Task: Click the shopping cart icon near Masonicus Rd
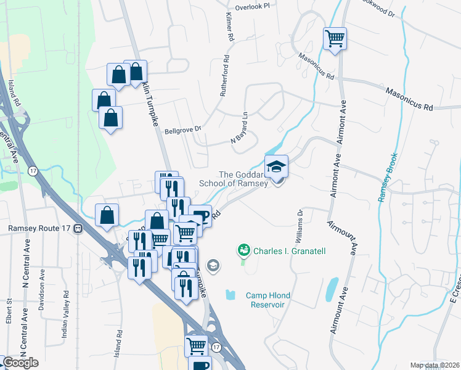tap(335, 39)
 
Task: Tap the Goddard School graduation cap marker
tap(276, 166)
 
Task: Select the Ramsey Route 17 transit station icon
tap(78, 228)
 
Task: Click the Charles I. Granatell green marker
tap(244, 250)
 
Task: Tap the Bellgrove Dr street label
tap(183, 131)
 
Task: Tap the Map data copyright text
tap(434, 365)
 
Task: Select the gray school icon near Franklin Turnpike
tap(213, 266)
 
